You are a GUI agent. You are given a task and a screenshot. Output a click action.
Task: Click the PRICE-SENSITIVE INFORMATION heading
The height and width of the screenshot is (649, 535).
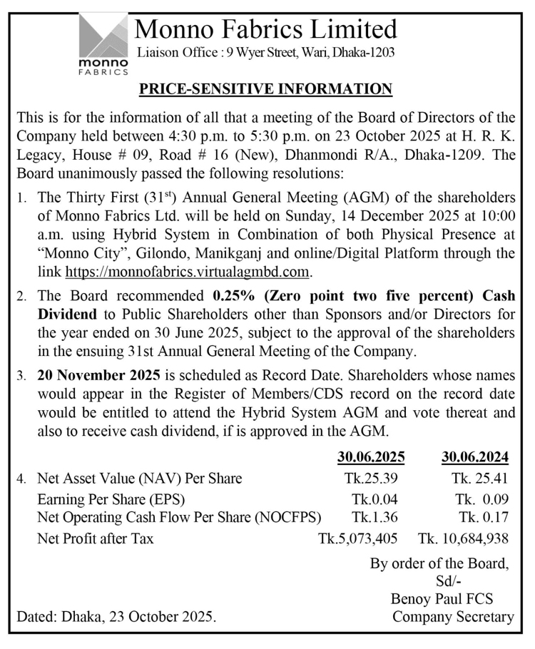tap(265, 89)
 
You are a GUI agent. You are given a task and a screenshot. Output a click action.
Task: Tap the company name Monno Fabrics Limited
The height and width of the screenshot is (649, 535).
tap(265, 29)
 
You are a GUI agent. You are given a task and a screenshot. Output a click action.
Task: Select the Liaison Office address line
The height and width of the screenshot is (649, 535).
tap(265, 52)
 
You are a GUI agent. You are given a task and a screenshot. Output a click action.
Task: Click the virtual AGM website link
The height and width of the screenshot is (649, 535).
tap(189, 271)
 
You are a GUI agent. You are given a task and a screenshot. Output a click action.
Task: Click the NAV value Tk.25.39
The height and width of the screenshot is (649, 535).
tap(365, 479)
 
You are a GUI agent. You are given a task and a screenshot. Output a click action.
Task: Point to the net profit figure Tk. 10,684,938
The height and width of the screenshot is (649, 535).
tap(464, 538)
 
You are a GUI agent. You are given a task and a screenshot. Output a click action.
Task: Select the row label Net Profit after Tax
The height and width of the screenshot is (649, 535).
tap(95, 538)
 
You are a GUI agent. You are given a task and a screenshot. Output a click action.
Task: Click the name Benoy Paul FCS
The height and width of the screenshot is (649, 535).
tap(442, 599)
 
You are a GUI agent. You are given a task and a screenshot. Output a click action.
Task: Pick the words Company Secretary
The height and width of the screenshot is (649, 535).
tap(453, 618)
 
